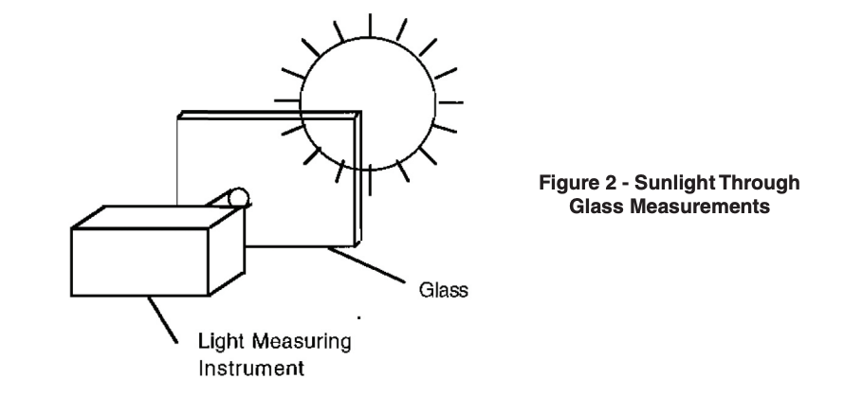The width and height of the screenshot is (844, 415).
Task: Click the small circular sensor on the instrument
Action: coord(235,198)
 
